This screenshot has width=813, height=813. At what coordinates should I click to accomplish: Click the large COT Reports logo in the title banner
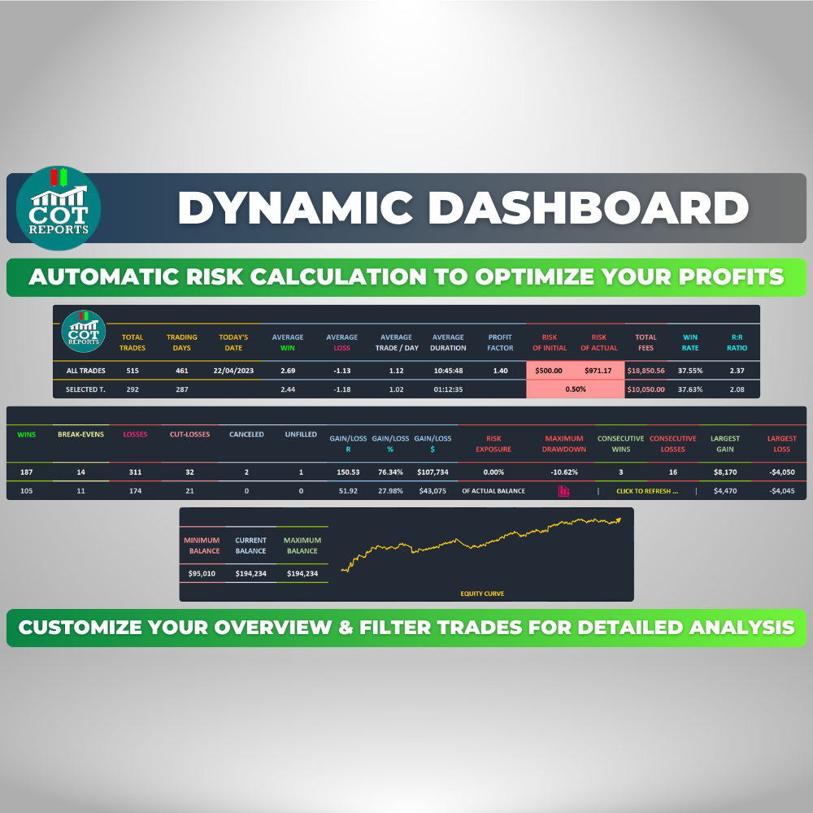[58, 208]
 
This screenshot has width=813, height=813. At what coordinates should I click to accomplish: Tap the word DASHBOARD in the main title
[588, 208]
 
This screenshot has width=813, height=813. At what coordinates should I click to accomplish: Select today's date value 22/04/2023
[233, 371]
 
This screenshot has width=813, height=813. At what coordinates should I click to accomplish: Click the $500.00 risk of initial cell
[549, 371]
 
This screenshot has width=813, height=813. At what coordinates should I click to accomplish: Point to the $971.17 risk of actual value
[598, 371]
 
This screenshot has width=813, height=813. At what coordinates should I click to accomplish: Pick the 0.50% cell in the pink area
[576, 389]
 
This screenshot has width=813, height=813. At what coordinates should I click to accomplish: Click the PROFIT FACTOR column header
[500, 343]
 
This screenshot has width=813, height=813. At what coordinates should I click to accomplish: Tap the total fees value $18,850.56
[646, 371]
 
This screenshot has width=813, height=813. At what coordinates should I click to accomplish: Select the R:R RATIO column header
[737, 343]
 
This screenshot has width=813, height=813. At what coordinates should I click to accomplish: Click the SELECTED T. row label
[85, 389]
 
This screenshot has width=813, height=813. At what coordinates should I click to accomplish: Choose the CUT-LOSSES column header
[189, 434]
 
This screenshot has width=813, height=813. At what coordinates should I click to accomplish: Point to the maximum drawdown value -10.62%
[564, 472]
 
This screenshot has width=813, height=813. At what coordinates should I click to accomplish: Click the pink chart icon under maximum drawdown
[563, 490]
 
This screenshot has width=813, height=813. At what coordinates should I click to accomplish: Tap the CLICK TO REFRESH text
[647, 491]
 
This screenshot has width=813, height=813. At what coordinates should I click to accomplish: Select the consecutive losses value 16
[673, 472]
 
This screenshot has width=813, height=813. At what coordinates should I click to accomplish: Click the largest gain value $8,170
[725, 472]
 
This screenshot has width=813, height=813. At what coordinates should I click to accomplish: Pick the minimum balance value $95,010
[202, 573]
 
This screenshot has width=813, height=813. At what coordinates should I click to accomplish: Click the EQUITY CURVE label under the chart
[482, 593]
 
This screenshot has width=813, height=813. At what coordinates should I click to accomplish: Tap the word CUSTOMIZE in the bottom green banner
[80, 628]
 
